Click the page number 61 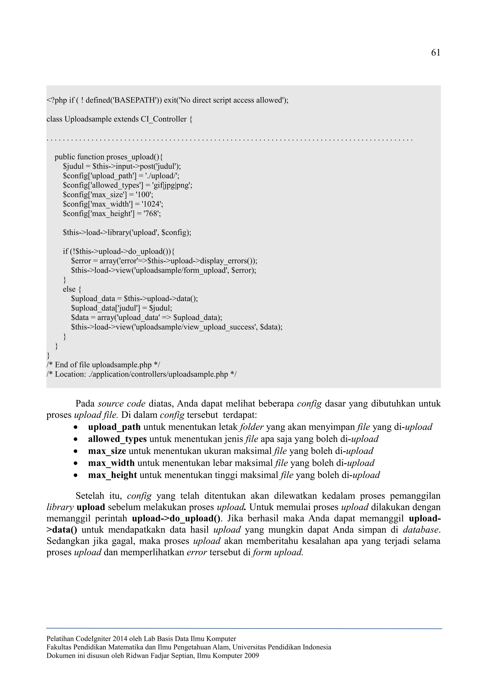pyautogui.click(x=435, y=53)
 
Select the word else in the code pyautogui.click(x=69, y=289)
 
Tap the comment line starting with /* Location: pyautogui.click(x=141, y=374)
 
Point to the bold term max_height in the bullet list pyautogui.click(x=112, y=475)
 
